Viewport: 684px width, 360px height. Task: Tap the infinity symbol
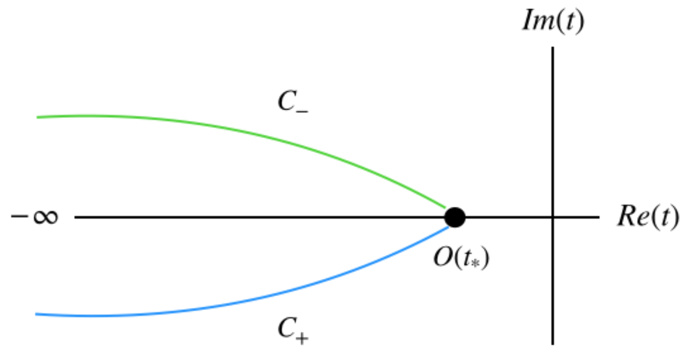tap(46, 217)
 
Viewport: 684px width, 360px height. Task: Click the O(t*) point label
tap(462, 260)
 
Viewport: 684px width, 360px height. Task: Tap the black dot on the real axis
tap(455, 217)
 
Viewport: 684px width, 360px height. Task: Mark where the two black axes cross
tap(552, 217)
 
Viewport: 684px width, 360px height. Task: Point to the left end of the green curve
tap(37, 117)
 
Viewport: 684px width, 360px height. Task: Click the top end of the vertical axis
tap(552, 48)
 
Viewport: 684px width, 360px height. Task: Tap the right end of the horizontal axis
tap(598, 217)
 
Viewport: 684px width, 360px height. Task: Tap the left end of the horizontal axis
tap(76, 217)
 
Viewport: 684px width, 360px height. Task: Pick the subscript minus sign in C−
tap(304, 109)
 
